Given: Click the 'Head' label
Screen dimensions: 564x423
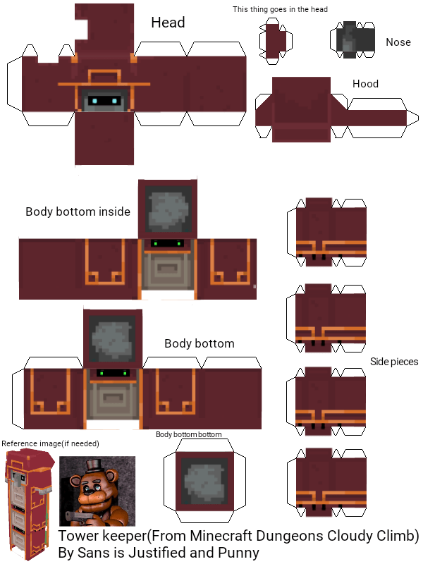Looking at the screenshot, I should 168,23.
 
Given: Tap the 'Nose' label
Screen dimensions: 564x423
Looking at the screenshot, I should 398,42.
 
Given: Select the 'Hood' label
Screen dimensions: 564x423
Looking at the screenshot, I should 365,84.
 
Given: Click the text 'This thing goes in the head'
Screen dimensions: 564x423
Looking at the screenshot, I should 280,9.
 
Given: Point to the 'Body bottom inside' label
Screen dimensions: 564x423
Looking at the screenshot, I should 78,211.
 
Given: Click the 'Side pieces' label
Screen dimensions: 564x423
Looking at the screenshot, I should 394,362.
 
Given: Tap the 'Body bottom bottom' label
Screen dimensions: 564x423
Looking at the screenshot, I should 188,435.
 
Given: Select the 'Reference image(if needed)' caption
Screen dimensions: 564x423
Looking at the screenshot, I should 50,443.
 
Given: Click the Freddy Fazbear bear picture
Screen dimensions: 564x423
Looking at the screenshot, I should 97,491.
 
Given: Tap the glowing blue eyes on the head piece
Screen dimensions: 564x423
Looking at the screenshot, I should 103,102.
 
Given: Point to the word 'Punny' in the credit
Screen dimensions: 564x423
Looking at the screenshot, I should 238,553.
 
